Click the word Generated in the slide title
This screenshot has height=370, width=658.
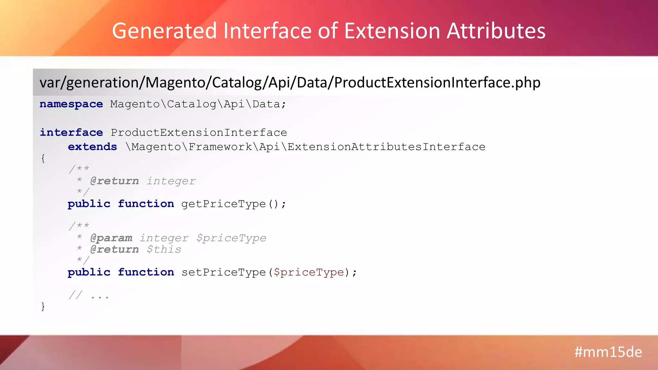pyautogui.click(x=164, y=31)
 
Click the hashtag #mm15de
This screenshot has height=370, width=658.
pyautogui.click(x=608, y=352)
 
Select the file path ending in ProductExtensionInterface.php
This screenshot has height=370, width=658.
pyautogui.click(x=290, y=83)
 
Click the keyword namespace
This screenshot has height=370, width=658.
pyautogui.click(x=71, y=104)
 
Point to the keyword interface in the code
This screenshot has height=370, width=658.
pyautogui.click(x=71, y=132)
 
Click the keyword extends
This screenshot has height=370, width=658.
pyautogui.click(x=92, y=147)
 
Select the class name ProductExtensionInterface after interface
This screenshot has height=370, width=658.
pyautogui.click(x=199, y=132)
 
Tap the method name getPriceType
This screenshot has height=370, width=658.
pyautogui.click(x=224, y=204)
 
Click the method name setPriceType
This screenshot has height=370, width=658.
pyautogui.click(x=224, y=272)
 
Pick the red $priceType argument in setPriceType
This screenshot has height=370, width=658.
pyautogui.click(x=309, y=272)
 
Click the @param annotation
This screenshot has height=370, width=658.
pyautogui.click(x=111, y=238)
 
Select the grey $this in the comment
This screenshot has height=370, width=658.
pyautogui.click(x=164, y=250)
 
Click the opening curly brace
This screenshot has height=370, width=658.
pyautogui.click(x=43, y=158)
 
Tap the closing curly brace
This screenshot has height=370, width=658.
pyautogui.click(x=43, y=306)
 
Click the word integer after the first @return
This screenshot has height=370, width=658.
pyautogui.click(x=171, y=181)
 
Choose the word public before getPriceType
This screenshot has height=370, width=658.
pyautogui.click(x=89, y=204)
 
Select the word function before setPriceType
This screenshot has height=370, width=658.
pyautogui.click(x=146, y=272)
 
